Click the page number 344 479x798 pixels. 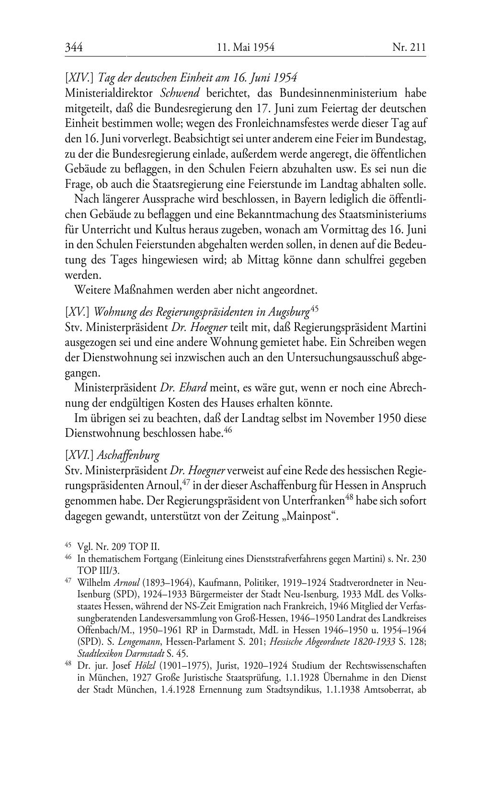point(74,47)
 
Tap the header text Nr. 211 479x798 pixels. point(409,47)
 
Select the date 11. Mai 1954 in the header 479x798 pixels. point(245,47)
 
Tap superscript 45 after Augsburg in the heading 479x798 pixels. point(315,309)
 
